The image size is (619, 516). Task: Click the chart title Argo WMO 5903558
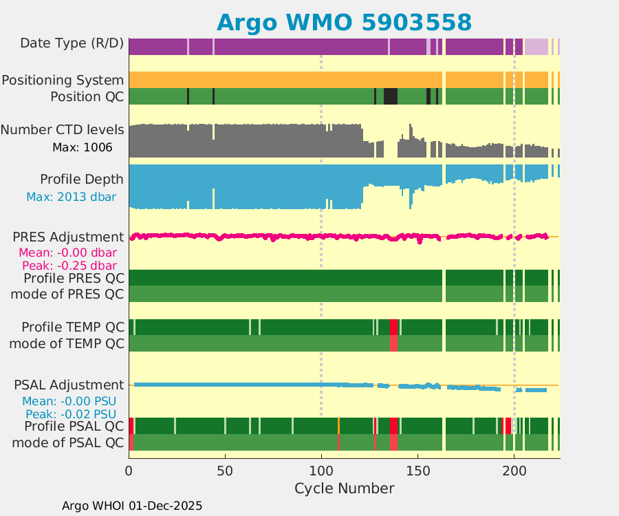pyautogui.click(x=344, y=22)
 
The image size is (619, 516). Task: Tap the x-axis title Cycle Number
pyautogui.click(x=344, y=488)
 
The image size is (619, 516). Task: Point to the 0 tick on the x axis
pyautogui.click(x=129, y=471)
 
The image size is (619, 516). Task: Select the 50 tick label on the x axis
pyautogui.click(x=225, y=471)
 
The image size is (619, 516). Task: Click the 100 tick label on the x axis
pyautogui.click(x=321, y=471)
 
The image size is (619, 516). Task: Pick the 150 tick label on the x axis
pyautogui.click(x=417, y=471)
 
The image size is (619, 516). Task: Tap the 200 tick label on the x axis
pyautogui.click(x=514, y=471)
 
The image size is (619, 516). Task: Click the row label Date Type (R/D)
pyautogui.click(x=72, y=43)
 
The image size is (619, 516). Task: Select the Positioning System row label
pyautogui.click(x=63, y=80)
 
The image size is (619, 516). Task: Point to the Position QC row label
pyautogui.click(x=87, y=96)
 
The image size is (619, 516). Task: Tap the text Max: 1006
pyautogui.click(x=82, y=147)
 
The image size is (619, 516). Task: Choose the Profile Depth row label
pyautogui.click(x=82, y=180)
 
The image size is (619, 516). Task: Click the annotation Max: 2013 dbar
pyautogui.click(x=71, y=197)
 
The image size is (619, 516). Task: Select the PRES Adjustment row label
pyautogui.click(x=69, y=237)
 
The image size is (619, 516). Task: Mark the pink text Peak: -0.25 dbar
pyautogui.click(x=69, y=266)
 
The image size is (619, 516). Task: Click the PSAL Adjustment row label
pyautogui.click(x=69, y=385)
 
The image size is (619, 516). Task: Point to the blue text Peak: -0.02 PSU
pyautogui.click(x=70, y=414)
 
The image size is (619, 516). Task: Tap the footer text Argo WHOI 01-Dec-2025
pyautogui.click(x=132, y=506)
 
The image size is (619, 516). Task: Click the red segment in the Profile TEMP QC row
pyautogui.click(x=393, y=327)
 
